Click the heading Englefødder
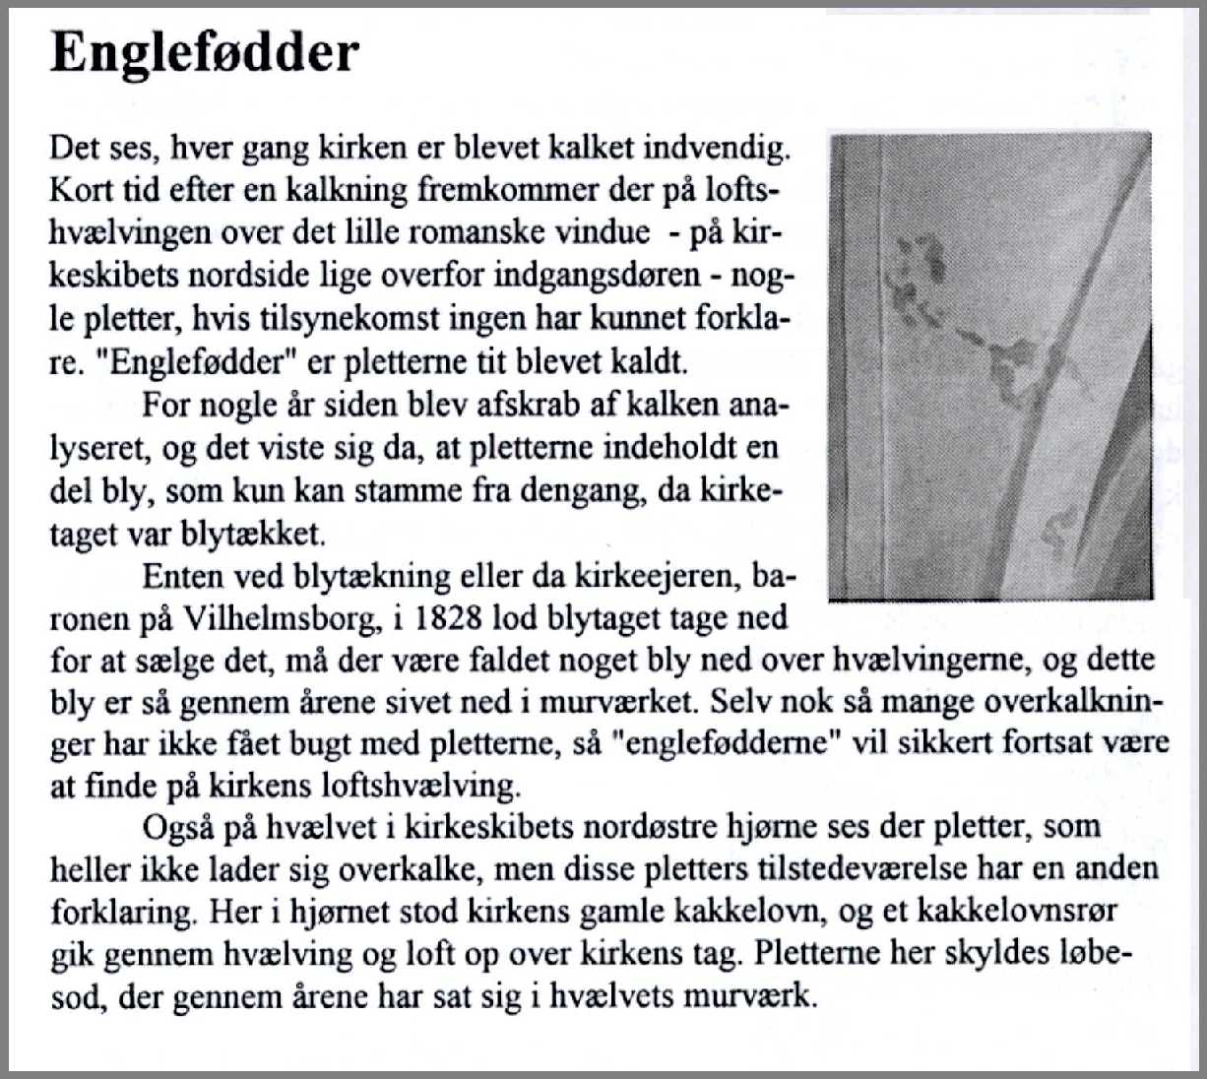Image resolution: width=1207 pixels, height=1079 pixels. [x=204, y=51]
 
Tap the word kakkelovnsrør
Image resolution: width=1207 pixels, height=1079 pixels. [x=1017, y=910]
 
